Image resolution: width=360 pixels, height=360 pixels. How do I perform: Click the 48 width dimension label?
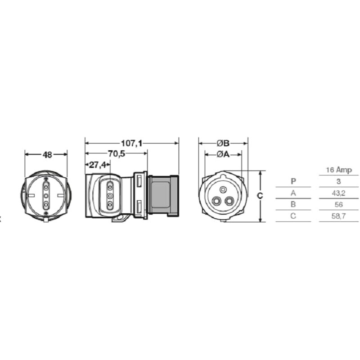point(47,154)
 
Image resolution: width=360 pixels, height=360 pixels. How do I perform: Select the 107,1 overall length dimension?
point(131,144)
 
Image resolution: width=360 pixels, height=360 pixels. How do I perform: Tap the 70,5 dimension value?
point(116,154)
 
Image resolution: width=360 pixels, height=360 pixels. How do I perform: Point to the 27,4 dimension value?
point(98,165)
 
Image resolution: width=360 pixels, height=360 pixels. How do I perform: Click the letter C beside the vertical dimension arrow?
point(253,196)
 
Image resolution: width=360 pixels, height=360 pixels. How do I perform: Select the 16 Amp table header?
point(338,170)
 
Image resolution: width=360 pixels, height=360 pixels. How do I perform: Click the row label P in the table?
point(293,181)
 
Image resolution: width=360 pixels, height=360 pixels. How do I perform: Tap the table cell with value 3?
point(338,181)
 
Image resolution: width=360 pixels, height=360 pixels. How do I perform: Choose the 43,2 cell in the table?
point(338,193)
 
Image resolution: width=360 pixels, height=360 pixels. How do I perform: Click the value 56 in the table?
point(338,204)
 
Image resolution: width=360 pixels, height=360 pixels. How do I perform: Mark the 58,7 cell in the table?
point(338,216)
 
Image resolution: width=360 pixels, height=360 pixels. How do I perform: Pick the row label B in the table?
point(293,204)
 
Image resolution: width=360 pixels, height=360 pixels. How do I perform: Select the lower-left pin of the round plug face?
point(216,201)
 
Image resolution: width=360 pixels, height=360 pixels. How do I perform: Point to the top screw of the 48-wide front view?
point(46,179)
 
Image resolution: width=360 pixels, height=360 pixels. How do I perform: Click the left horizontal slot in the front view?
point(31,195)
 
